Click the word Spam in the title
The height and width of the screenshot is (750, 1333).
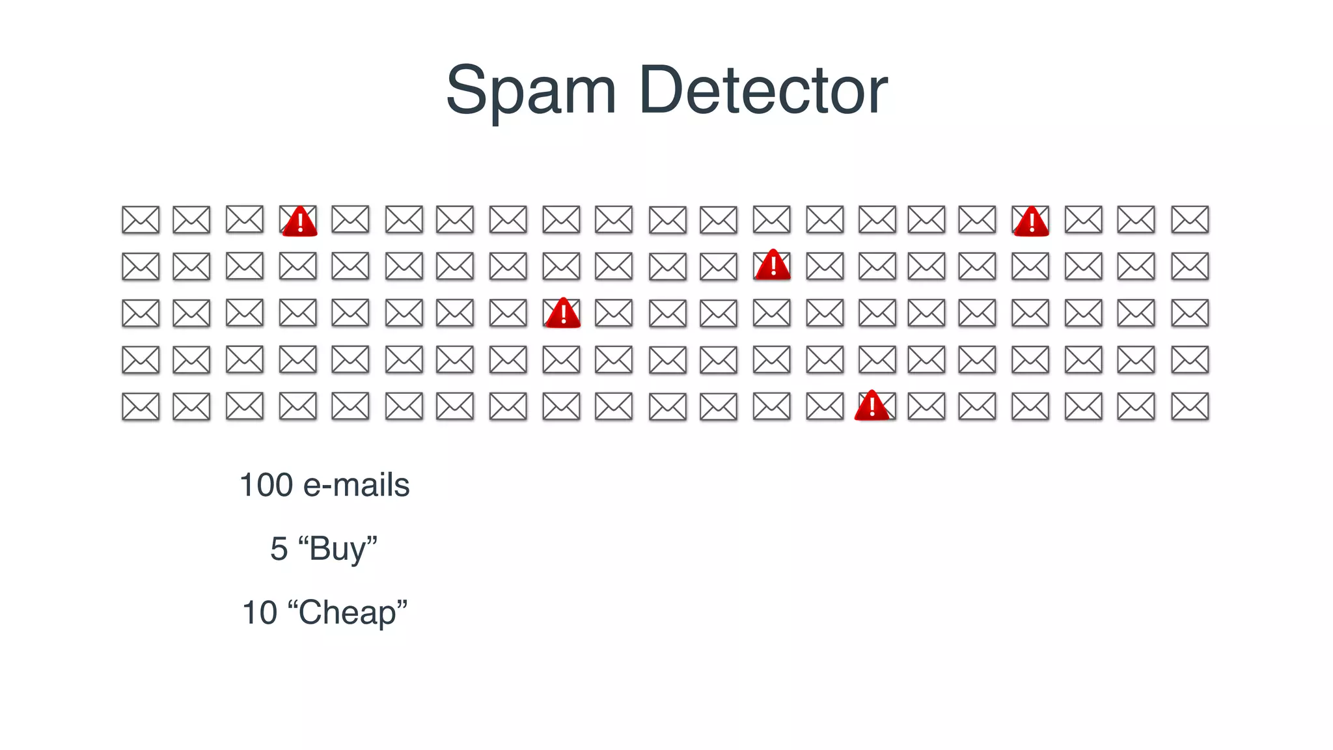tap(530, 91)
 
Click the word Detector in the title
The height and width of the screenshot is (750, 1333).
tap(763, 91)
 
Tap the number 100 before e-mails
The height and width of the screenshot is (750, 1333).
tap(266, 486)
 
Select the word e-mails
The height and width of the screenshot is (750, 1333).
tap(357, 486)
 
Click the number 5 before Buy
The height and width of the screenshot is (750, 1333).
tap(279, 549)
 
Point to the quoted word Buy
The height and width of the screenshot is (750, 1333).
tap(338, 549)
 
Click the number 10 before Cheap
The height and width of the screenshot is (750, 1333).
tap(260, 613)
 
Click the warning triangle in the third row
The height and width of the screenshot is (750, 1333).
tap(563, 314)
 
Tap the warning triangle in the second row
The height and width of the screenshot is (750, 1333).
tap(773, 266)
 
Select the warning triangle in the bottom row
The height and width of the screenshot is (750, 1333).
tap(872, 407)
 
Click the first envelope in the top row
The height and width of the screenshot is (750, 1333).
tap(141, 220)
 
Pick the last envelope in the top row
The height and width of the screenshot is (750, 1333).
tap(1190, 220)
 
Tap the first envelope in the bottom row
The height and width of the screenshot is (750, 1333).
tap(141, 407)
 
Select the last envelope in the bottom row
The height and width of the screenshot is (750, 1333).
tap(1190, 407)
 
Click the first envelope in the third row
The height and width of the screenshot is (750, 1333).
tap(141, 313)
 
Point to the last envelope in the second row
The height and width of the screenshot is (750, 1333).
tap(1190, 266)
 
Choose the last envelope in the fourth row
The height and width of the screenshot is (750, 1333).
tap(1190, 360)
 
